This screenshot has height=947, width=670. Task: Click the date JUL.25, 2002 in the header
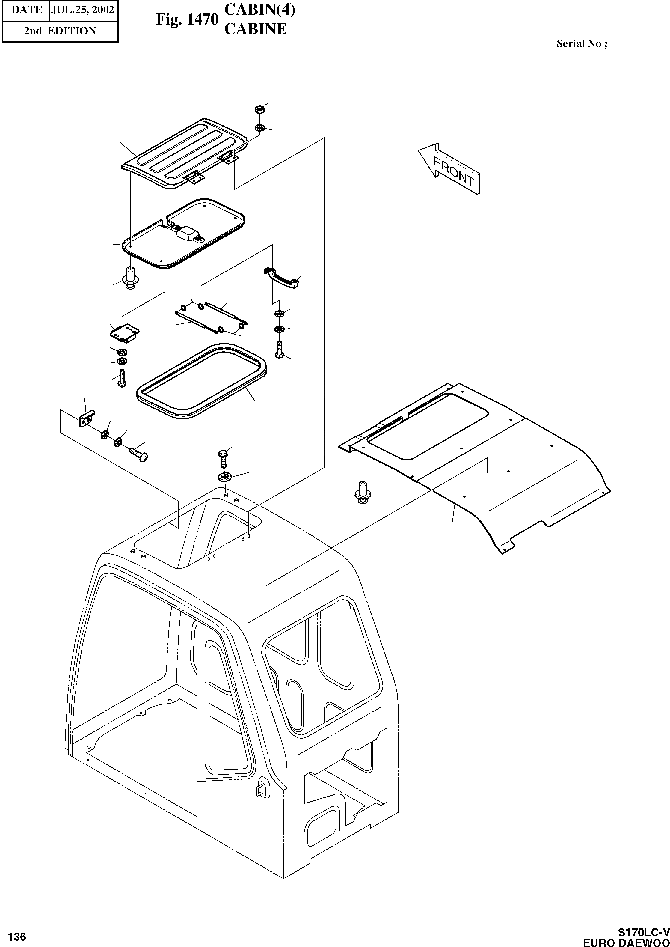[x=82, y=10]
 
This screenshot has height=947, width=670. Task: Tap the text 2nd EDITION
[x=60, y=31]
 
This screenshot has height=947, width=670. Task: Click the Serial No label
[x=581, y=44]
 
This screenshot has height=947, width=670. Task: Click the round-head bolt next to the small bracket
[x=139, y=454]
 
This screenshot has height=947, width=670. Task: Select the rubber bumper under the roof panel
[x=363, y=491]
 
